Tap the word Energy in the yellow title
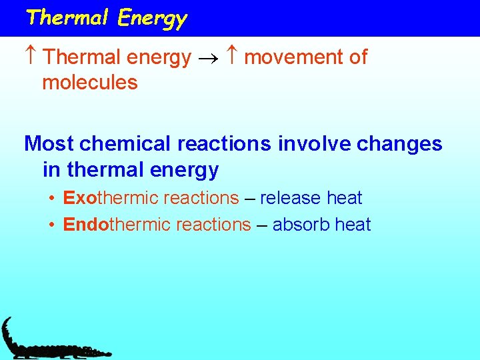(153, 19)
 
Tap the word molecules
(89, 83)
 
